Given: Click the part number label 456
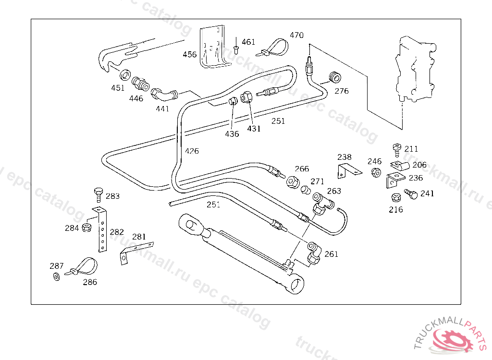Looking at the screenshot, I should point(190,55).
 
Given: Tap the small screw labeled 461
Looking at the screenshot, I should point(236,48).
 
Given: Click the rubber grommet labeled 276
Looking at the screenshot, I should point(333,76).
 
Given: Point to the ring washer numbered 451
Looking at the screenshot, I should point(124,75).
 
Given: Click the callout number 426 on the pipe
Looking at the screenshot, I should point(192,151).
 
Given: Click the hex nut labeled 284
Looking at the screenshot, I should point(87,228).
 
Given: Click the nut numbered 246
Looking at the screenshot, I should point(376,172).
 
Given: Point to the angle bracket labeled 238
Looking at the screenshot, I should point(347,169).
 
